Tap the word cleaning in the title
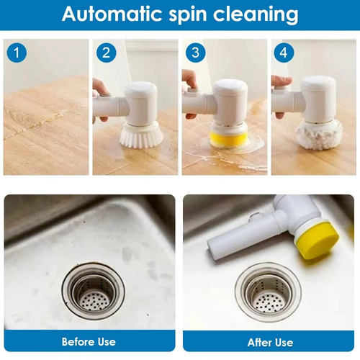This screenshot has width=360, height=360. pos(264,14)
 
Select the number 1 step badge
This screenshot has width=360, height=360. pos(17,53)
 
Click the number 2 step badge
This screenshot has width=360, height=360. pos(106,53)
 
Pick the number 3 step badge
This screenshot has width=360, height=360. pos(195,53)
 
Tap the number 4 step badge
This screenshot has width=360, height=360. pos(284,53)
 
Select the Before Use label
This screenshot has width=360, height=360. pos(89,341)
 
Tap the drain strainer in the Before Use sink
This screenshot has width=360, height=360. pos(93,292)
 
